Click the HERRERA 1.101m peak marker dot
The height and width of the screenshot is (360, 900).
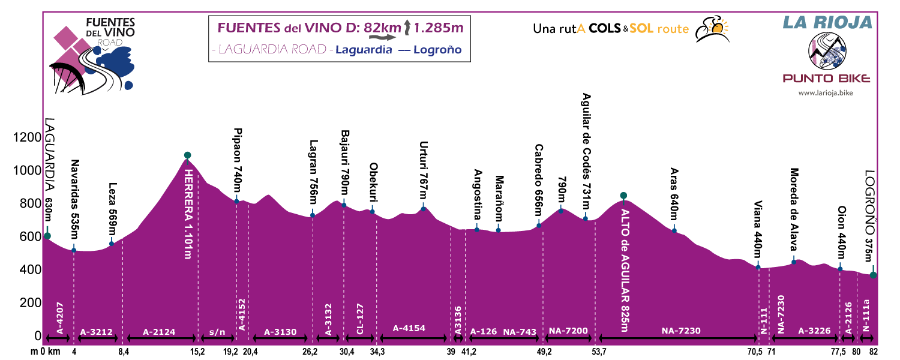click(x=187, y=155)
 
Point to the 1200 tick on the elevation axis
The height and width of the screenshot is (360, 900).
click(x=25, y=138)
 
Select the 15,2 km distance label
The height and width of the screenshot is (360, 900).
click(x=197, y=352)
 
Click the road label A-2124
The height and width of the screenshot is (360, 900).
click(x=160, y=330)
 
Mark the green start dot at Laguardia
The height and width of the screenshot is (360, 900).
click(x=47, y=236)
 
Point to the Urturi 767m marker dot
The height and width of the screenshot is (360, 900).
click(x=423, y=208)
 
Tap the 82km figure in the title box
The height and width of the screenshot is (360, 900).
click(x=385, y=28)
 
